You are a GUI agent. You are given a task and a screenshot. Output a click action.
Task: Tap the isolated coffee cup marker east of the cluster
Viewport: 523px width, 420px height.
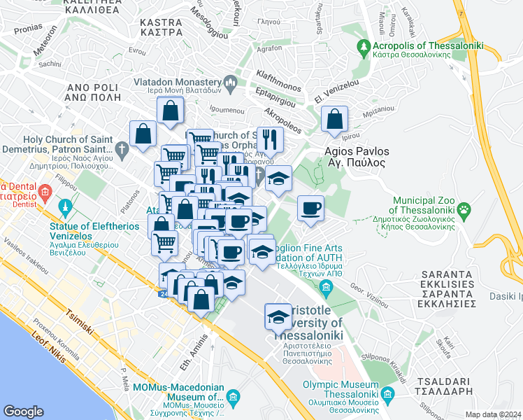(310, 208)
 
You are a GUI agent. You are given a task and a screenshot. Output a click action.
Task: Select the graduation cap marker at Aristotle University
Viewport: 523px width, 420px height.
(278, 317)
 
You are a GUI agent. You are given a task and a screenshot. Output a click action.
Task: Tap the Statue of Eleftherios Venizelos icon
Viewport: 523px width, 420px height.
(66, 208)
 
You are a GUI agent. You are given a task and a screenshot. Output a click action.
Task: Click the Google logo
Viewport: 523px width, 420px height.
(24, 412)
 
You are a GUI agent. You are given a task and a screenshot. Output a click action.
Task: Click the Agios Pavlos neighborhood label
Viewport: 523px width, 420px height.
(355, 156)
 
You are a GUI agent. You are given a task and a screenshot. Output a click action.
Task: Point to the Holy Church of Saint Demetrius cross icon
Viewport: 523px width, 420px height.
(122, 149)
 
